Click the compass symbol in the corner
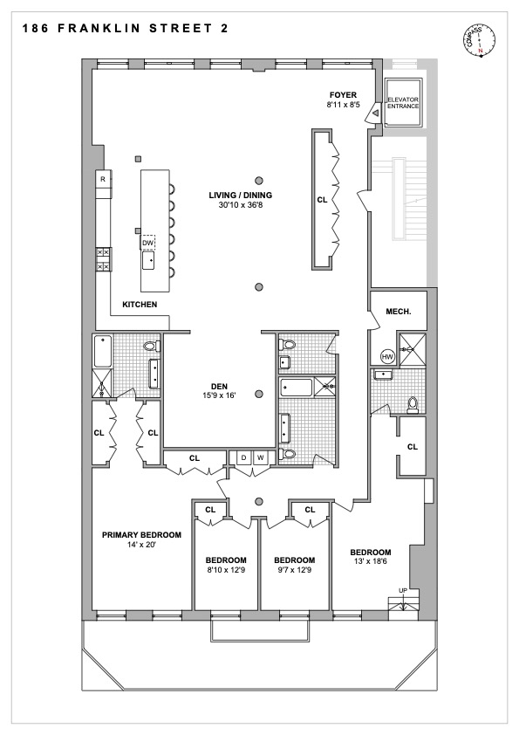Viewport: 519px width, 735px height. click(x=479, y=39)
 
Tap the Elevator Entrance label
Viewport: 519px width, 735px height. click(x=403, y=103)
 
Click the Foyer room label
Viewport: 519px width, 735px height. click(x=343, y=95)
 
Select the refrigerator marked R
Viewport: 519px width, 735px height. click(x=103, y=179)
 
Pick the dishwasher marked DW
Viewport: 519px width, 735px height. click(x=148, y=243)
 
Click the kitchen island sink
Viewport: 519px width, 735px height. click(x=149, y=260)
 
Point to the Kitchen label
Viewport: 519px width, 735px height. click(x=140, y=305)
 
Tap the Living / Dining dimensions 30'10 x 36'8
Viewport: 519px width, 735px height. click(x=240, y=205)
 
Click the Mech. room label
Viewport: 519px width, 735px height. click(x=398, y=312)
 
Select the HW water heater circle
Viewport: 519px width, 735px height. click(x=387, y=357)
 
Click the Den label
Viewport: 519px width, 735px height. click(x=219, y=387)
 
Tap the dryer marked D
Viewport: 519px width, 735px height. click(x=243, y=457)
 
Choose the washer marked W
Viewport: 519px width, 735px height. click(x=261, y=457)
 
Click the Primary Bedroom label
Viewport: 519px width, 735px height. click(x=141, y=535)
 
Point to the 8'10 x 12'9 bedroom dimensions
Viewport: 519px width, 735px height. click(x=226, y=571)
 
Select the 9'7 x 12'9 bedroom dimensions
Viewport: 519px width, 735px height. click(x=294, y=571)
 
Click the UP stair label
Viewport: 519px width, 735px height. click(x=403, y=591)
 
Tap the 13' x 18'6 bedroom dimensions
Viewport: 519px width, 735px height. click(x=370, y=561)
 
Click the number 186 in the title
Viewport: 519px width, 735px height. click(x=36, y=29)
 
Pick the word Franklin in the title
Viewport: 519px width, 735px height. click(x=99, y=29)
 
